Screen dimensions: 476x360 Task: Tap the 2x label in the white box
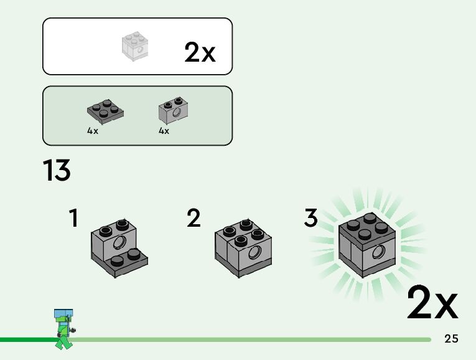click(x=200, y=53)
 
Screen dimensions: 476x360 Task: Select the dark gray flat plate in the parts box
click(x=105, y=111)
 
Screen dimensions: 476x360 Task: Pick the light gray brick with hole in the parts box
click(x=174, y=110)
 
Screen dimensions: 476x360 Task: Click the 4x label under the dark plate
click(x=93, y=131)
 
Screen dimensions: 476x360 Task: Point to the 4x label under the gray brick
click(x=164, y=131)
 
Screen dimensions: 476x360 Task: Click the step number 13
click(x=57, y=171)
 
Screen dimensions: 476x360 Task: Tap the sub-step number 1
click(x=73, y=218)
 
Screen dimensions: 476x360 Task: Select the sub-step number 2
click(x=194, y=218)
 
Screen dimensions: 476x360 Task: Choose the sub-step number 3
click(x=310, y=218)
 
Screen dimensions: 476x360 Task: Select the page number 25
click(x=452, y=339)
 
